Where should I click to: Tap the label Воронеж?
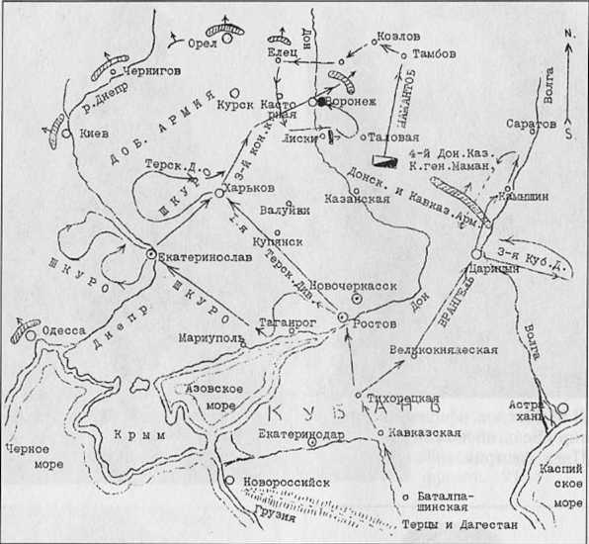click(345, 102)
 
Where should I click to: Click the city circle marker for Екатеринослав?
click(150, 254)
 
